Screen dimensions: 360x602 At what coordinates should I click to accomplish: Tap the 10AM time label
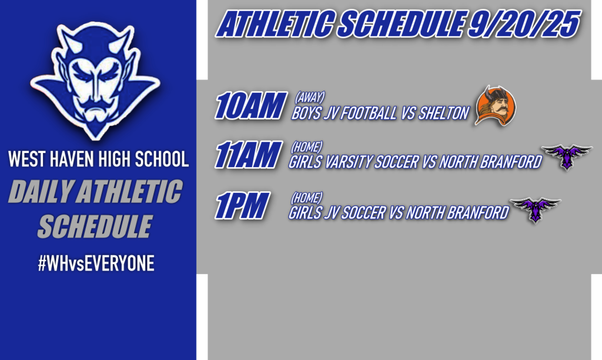click(250, 106)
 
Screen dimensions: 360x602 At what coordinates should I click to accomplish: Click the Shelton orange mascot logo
click(495, 106)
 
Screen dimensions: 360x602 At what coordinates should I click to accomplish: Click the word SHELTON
click(445, 114)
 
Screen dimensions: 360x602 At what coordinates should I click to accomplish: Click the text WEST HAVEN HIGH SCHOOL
click(98, 159)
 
